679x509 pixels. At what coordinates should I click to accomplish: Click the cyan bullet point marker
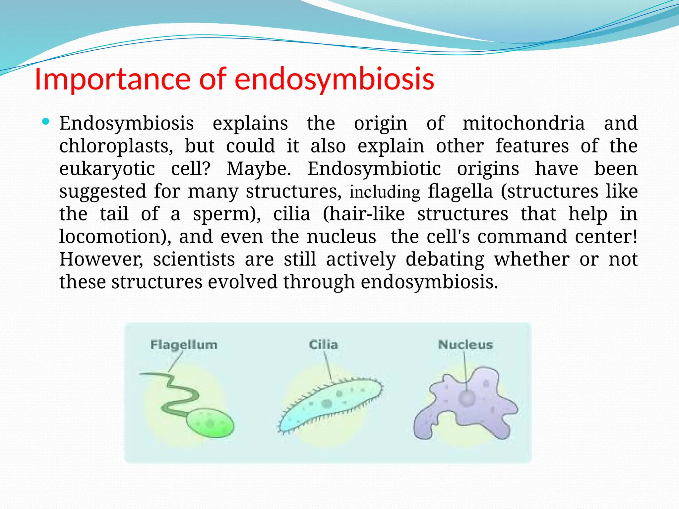tap(46, 122)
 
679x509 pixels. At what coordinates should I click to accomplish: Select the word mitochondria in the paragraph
tap(524, 123)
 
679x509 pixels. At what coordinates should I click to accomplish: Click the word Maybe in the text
tap(258, 169)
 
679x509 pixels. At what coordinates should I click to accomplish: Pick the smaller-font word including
tap(385, 192)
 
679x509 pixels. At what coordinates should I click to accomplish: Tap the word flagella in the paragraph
tap(460, 192)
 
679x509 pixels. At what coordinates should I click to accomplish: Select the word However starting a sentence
tap(101, 259)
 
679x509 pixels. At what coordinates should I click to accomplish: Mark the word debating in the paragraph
tap(445, 259)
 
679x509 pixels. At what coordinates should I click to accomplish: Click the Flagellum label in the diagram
tap(184, 345)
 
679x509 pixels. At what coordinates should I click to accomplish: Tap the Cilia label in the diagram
tap(323, 345)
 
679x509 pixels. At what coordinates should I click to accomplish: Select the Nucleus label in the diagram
tap(465, 345)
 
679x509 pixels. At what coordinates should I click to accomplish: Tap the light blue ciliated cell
tap(328, 404)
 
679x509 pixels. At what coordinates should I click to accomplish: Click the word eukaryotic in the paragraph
tap(107, 169)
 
